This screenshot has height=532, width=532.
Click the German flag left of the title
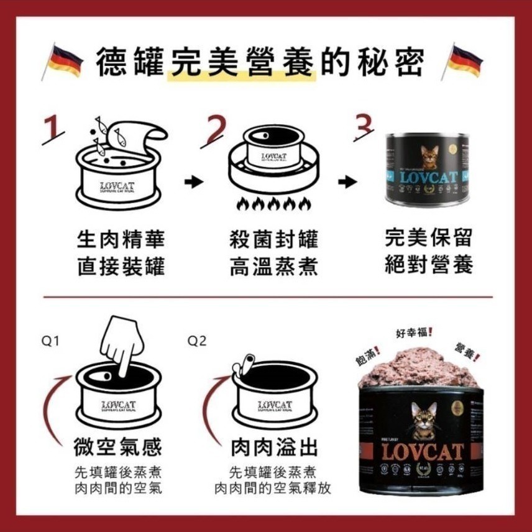pos(64,62)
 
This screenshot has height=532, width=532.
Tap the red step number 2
pos(214,131)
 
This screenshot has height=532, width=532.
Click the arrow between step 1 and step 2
pos(195,182)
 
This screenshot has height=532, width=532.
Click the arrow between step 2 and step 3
pos(347,182)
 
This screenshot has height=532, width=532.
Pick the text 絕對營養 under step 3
pos(429,265)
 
